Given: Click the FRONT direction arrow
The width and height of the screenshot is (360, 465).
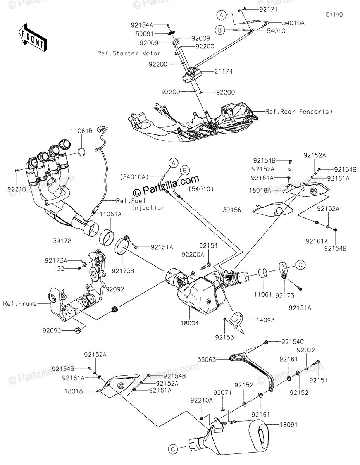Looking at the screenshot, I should [32, 38].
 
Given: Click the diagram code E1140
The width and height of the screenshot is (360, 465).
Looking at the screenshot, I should [334, 15].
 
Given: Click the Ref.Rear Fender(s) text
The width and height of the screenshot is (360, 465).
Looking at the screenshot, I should [299, 112].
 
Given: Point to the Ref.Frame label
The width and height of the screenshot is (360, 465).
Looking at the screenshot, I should [20, 303].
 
